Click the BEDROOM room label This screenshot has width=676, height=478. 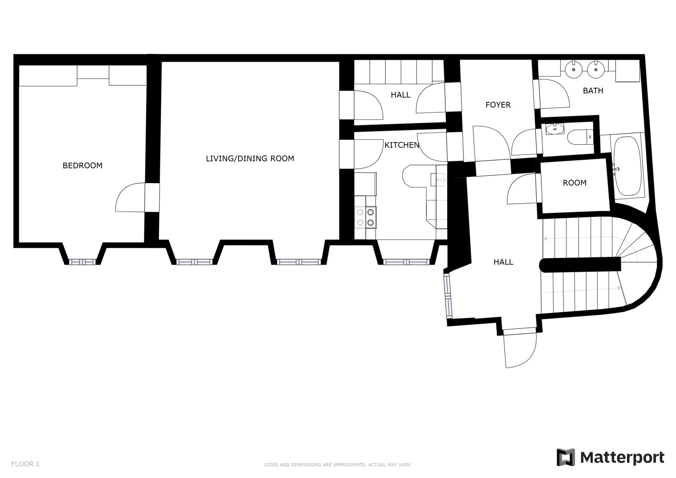click(82, 166)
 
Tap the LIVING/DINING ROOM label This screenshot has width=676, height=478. click(250, 158)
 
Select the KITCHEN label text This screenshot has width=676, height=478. click(402, 145)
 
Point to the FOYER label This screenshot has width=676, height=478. click(498, 105)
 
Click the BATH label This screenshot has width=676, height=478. click(593, 91)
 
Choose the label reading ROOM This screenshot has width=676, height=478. click(574, 183)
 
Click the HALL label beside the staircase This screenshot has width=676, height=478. click(503, 262)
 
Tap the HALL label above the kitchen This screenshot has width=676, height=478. click(401, 95)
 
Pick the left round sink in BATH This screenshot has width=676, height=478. click(574, 69)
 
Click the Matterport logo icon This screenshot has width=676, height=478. click(565, 457)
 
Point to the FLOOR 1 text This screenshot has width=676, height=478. click(25, 464)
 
